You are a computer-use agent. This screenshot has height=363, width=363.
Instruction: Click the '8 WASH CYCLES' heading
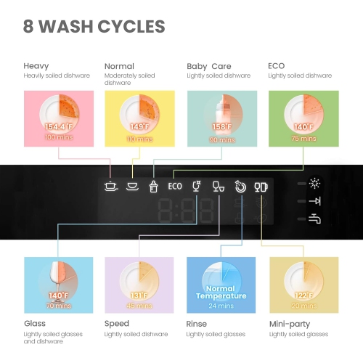94,28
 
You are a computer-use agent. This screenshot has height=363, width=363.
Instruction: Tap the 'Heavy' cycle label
36,66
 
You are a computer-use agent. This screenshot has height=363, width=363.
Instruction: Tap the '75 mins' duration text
304,136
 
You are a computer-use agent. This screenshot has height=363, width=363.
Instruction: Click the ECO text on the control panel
175,186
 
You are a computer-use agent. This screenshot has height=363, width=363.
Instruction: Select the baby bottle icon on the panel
154,186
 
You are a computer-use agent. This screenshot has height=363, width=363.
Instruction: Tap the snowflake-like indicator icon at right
314,183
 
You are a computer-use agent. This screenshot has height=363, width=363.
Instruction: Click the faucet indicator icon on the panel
314,219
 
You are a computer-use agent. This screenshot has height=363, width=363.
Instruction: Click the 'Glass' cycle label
34,325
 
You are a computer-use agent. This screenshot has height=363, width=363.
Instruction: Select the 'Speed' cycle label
117,325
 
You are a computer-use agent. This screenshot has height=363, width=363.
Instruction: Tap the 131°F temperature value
139,295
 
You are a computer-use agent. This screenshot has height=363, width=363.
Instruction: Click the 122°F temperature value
303,295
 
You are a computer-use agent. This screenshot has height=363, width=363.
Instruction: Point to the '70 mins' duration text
57,305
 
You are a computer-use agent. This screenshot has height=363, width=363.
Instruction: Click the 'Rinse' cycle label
197,325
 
